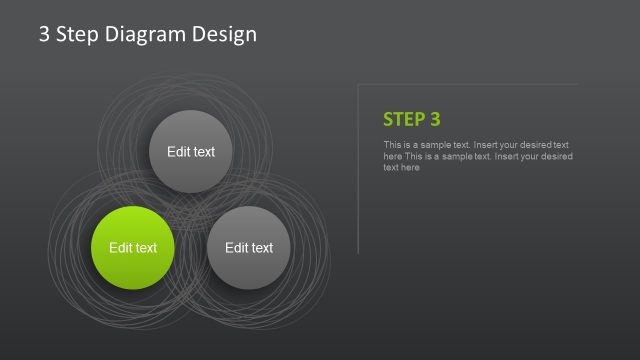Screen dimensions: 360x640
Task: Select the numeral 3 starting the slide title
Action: [44, 34]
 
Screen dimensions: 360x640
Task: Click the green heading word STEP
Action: [404, 119]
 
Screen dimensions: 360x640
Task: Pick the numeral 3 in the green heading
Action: [435, 119]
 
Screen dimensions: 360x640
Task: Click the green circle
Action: [133, 248]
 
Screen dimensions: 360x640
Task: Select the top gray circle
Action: [191, 152]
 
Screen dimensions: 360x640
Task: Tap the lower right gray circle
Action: [249, 248]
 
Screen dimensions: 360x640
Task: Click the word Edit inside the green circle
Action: [120, 248]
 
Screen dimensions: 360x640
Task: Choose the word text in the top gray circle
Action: [204, 152]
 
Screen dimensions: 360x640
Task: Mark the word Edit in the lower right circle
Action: [236, 248]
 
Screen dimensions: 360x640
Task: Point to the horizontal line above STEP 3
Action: [470, 84]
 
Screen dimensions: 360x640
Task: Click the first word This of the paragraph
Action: [392, 145]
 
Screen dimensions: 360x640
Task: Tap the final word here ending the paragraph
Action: [408, 168]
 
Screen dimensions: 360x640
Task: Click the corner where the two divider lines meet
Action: [358, 84]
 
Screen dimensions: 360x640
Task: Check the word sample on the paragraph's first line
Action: [436, 145]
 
